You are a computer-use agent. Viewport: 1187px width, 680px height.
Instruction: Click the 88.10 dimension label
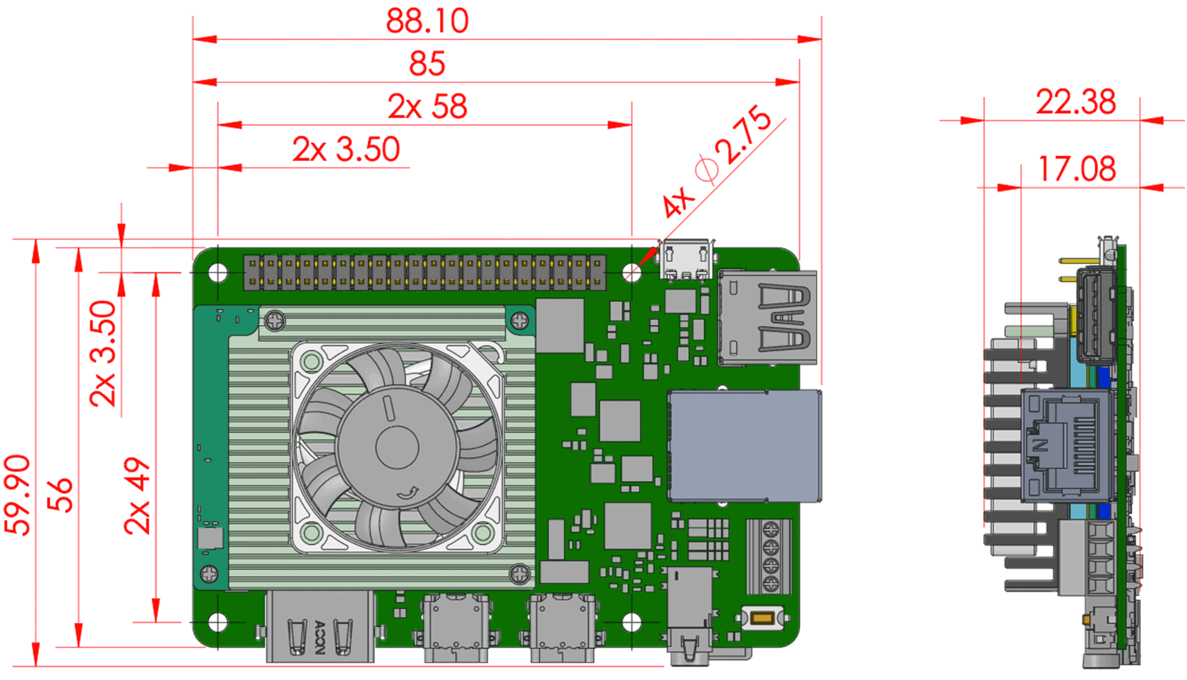pos(427,21)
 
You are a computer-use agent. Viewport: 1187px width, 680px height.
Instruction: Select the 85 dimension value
pos(427,64)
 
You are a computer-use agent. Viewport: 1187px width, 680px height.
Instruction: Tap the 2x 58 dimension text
pos(427,106)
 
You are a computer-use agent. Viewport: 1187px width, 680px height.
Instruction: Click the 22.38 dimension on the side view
pos(1076,102)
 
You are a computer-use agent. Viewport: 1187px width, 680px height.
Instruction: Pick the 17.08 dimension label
pos(1076,169)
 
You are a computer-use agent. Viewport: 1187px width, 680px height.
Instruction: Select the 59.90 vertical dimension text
pos(18,494)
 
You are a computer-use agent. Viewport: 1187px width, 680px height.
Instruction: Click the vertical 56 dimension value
pos(60,494)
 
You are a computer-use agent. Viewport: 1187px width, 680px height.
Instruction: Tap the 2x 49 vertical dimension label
pos(137,496)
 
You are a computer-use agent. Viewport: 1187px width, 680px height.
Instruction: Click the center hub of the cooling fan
pos(397,447)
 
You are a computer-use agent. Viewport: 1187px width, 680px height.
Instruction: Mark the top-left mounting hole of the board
pos(218,273)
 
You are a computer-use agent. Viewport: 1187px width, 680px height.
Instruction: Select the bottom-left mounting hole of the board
pos(218,622)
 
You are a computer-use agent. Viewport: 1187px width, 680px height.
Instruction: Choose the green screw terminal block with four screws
pos(770,556)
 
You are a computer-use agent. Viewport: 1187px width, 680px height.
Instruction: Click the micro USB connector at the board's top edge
pos(686,260)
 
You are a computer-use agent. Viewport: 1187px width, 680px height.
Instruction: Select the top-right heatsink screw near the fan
pos(520,321)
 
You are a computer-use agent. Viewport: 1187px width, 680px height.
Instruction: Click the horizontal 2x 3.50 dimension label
pos(346,150)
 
